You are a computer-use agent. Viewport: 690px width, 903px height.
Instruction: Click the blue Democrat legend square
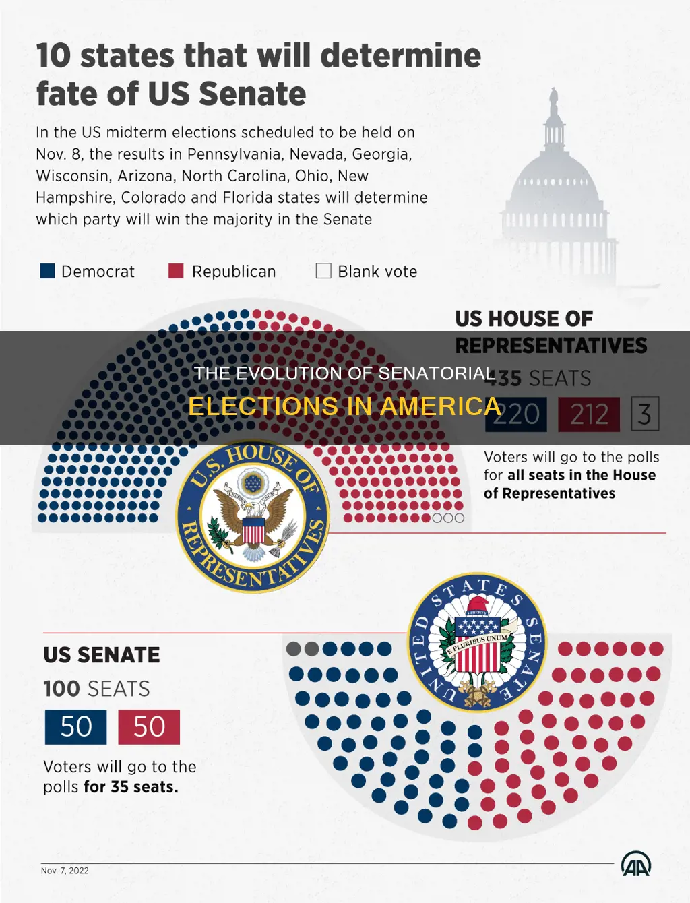(47, 271)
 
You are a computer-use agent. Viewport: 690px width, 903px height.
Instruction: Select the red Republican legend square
(176, 271)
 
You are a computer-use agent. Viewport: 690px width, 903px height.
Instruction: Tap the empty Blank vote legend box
(323, 271)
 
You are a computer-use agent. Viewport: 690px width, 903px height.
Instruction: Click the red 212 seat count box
(589, 414)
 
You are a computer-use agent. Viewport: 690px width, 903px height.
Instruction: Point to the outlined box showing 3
(645, 414)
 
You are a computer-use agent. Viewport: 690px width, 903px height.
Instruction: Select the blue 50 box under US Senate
(75, 726)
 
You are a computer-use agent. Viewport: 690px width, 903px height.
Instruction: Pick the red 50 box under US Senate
(149, 726)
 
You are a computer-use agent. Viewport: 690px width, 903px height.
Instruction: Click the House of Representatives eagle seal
(253, 518)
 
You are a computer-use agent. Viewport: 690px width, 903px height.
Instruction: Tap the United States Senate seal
(477, 642)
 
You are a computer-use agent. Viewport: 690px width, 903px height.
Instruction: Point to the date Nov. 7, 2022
(65, 871)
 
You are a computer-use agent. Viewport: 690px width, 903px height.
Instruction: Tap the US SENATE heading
(102, 655)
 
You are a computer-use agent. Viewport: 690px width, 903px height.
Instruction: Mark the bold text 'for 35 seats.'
(131, 787)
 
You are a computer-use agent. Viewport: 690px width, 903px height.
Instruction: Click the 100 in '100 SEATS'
(61, 689)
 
